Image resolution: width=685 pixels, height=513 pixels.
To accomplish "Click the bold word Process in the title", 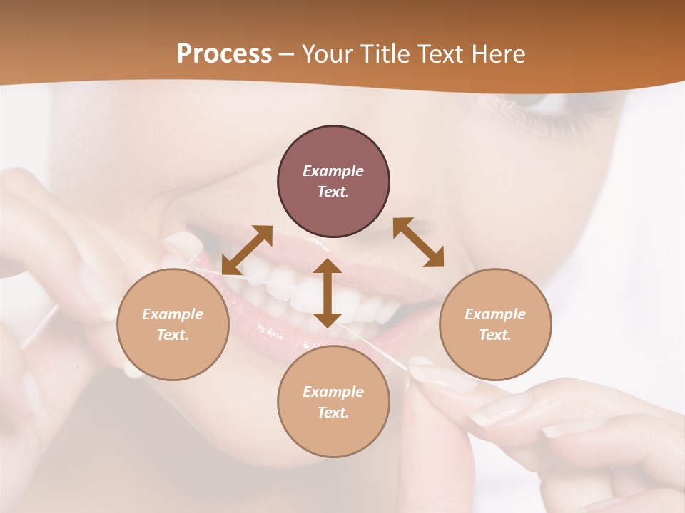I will click(x=224, y=54).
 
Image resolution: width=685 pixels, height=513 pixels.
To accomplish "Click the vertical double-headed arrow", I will click(x=328, y=293).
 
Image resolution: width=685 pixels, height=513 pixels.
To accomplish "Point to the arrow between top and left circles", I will click(x=247, y=249).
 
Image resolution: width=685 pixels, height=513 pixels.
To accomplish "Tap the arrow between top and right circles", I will click(x=418, y=242).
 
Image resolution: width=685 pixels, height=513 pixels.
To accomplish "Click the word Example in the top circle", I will click(x=333, y=171).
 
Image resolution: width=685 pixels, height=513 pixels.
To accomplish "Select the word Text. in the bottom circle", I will click(x=333, y=413).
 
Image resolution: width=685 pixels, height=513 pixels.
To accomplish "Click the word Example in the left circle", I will click(x=173, y=314).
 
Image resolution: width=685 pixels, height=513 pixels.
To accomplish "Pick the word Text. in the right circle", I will click(x=495, y=335).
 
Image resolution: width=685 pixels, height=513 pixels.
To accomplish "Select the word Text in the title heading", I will click(x=436, y=54).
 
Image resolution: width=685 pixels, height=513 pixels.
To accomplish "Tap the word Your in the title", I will click(x=325, y=54).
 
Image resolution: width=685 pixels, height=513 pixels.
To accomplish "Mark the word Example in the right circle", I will click(x=495, y=314).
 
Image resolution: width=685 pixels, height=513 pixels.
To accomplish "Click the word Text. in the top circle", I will click(x=333, y=192).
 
